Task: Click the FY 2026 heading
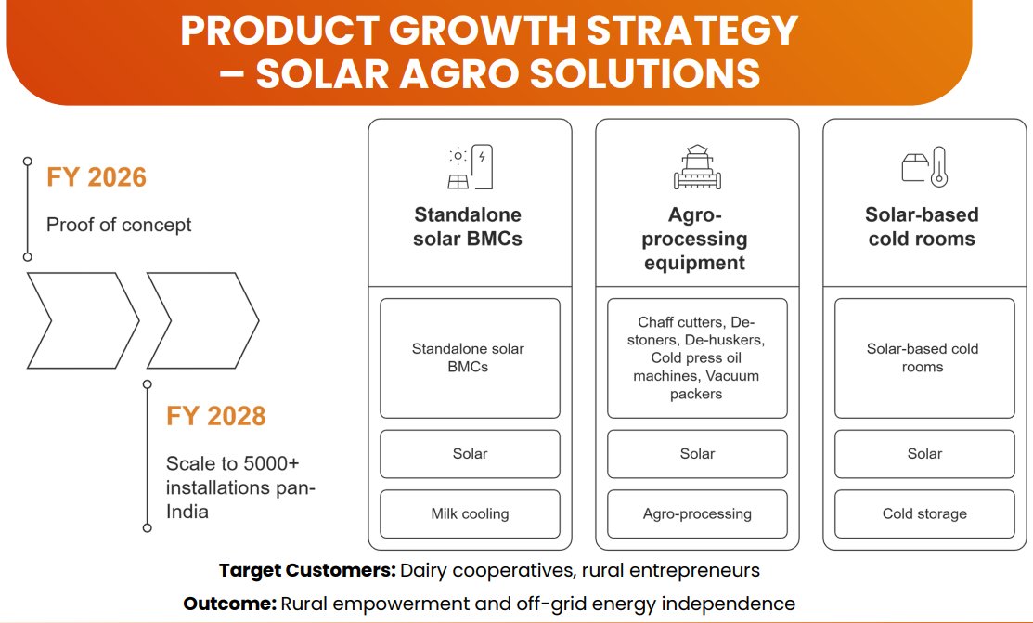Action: coord(97,176)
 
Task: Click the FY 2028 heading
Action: coord(215,415)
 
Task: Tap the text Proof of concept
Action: coord(119,225)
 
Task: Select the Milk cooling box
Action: coord(470,513)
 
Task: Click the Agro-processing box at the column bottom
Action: coord(697,513)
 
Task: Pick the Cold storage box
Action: coord(924,513)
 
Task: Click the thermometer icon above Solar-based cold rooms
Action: coord(938,167)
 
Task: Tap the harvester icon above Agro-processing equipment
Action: coord(696,167)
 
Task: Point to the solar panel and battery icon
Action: coord(470,167)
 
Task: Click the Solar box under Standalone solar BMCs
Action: coord(470,453)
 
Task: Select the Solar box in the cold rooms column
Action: coord(924,453)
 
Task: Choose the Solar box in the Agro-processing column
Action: coord(697,453)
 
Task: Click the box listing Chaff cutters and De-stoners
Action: coord(697,357)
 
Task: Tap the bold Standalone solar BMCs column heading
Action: coord(468,227)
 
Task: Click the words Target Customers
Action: coord(306,570)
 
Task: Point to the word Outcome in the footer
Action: coord(229,604)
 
